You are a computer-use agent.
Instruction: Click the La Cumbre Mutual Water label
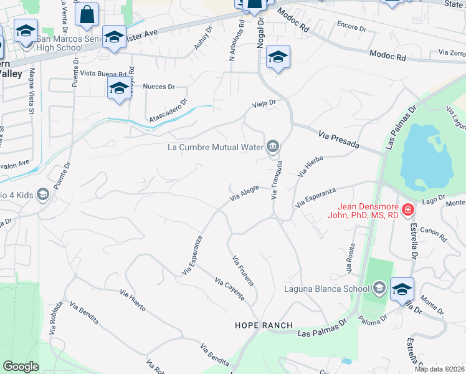(215, 148)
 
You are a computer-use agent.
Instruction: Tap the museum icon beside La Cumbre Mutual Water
(273, 147)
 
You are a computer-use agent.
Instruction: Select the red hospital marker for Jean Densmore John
(408, 211)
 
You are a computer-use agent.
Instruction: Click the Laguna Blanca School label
(318, 288)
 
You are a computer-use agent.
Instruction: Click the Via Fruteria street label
(242, 271)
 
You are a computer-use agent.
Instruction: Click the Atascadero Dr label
(168, 110)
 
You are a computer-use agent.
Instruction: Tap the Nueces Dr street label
(158, 87)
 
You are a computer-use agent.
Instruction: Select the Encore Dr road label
(351, 27)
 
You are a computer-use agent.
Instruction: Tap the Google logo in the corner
(21, 366)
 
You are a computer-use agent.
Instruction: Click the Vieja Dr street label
(263, 103)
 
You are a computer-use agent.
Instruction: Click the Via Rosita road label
(349, 259)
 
